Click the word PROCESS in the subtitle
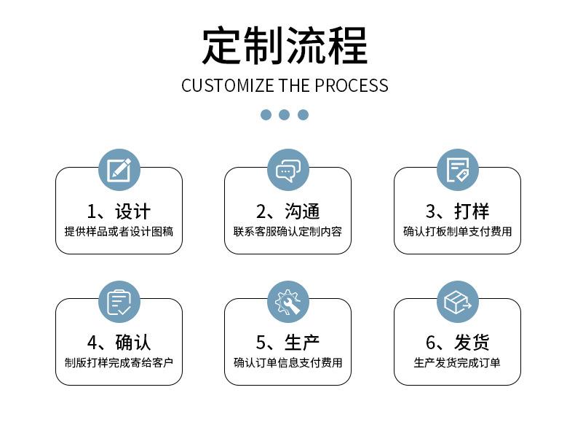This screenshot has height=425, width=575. tap(352, 85)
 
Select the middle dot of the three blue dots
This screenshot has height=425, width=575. tap(285, 114)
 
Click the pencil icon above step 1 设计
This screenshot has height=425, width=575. tap(119, 170)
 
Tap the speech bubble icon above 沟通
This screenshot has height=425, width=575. tap(287, 170)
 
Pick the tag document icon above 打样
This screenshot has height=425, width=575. tap(457, 170)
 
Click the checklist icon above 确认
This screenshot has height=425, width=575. tap(119, 301)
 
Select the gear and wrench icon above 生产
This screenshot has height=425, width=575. tap(287, 301)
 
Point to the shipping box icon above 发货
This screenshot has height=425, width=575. tap(457, 301)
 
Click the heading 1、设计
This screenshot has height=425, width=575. tap(119, 211)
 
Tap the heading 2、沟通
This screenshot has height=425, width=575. tap(287, 211)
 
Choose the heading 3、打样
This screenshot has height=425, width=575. tap(457, 211)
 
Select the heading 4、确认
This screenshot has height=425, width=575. tap(119, 343)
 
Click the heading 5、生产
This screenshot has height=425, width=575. tap(287, 343)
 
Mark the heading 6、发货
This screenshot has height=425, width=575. tap(457, 343)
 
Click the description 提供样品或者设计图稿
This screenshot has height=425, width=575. tap(119, 232)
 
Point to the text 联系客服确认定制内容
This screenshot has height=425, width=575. tap(287, 232)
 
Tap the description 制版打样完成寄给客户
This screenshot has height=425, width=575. tap(119, 362)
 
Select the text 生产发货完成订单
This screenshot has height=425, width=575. tap(457, 362)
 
